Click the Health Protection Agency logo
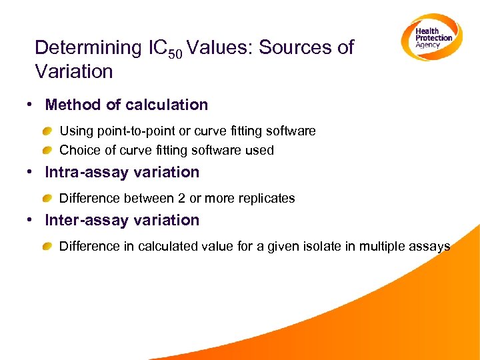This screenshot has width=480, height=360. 431,37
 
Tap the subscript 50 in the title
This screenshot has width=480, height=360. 174,53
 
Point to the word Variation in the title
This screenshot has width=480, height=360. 73,71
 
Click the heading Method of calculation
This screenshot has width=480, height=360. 126,105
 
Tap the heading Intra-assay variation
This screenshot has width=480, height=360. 122,172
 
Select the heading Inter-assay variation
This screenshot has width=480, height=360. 122,220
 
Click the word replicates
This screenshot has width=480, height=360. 267,198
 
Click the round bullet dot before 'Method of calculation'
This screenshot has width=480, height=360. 31,105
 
